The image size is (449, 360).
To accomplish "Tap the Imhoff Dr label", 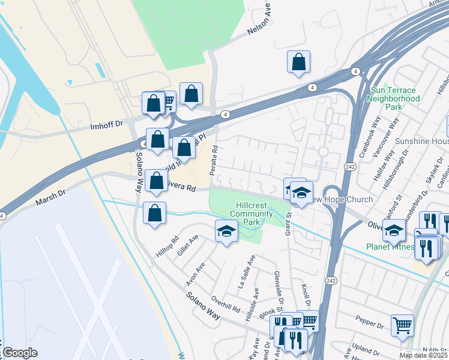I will [106, 125].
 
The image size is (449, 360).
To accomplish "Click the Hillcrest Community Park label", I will [251, 214].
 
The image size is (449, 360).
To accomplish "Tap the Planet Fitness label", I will [390, 247].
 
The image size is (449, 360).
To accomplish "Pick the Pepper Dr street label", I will [373, 325].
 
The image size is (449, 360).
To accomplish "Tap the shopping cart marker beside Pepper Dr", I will [402, 326].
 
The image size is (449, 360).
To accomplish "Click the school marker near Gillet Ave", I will [226, 232].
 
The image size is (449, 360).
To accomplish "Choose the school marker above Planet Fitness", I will [394, 230].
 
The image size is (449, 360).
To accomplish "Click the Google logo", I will [19, 353].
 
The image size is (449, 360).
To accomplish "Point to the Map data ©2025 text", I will [423, 355].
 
